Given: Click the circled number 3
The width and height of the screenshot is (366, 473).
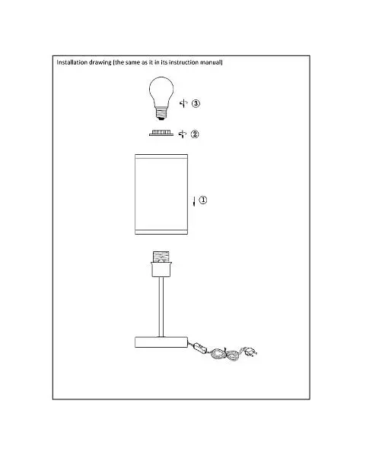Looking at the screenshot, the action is pyautogui.click(x=196, y=103).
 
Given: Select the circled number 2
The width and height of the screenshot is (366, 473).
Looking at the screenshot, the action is pyautogui.click(x=195, y=134).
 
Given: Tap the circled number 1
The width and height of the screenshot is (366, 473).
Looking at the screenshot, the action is pyautogui.click(x=203, y=200).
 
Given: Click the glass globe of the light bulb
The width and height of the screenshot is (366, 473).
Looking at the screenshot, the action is pyautogui.click(x=161, y=91).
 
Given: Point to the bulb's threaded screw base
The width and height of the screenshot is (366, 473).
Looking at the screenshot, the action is pyautogui.click(x=161, y=114).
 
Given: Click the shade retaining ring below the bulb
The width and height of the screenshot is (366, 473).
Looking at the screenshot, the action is pyautogui.click(x=161, y=133).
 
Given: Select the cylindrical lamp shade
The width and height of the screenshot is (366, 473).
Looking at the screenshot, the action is pyautogui.click(x=161, y=194).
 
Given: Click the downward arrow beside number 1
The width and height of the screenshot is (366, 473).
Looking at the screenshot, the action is pyautogui.click(x=194, y=201).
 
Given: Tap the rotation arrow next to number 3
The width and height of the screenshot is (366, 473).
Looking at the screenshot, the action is pyautogui.click(x=183, y=103).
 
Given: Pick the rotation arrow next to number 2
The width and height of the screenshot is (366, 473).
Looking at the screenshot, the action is pyautogui.click(x=183, y=134).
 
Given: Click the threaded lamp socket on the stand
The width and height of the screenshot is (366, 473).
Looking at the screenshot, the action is pyautogui.click(x=161, y=257).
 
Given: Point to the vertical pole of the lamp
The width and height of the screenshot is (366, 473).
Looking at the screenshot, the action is pyautogui.click(x=161, y=307).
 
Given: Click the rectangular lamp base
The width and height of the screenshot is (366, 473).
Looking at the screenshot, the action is pyautogui.click(x=161, y=342).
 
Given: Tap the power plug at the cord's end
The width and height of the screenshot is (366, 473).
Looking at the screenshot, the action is pyautogui.click(x=250, y=352).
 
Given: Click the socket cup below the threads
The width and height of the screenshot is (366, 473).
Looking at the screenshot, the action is pyautogui.click(x=161, y=270).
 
